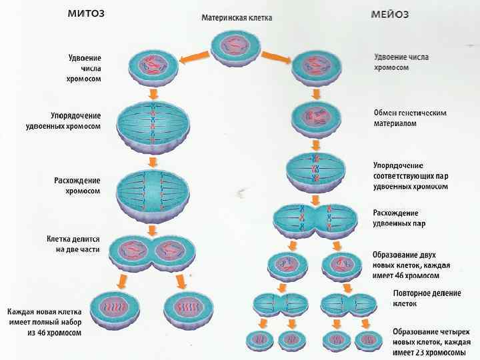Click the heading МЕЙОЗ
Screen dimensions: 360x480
coord(389,14)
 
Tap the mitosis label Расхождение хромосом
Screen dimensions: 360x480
coord(77,185)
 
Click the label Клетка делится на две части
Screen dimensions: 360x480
coord(73,244)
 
